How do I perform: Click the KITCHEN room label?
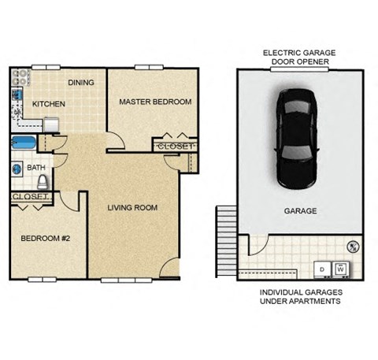48,103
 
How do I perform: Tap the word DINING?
81,82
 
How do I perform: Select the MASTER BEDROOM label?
155,102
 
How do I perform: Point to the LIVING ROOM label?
132,208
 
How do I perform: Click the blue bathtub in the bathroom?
23,145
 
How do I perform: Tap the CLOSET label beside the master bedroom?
174,147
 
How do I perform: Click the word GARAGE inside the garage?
300,211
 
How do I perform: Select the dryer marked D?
322,269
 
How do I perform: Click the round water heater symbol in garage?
354,246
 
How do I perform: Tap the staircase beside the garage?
227,236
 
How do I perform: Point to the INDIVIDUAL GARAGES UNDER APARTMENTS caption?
300,297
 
